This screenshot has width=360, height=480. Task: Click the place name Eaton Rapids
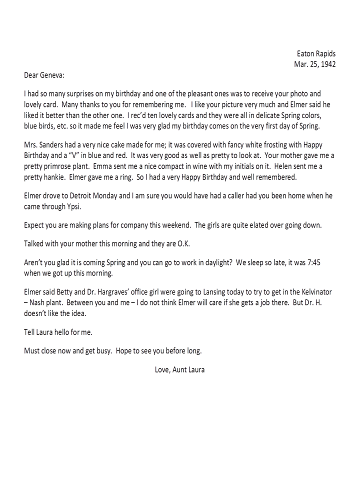[316, 54]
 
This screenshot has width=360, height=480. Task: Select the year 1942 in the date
[327, 64]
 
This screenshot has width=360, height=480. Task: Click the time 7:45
[325, 263]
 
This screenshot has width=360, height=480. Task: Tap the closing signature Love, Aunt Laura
[179, 370]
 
